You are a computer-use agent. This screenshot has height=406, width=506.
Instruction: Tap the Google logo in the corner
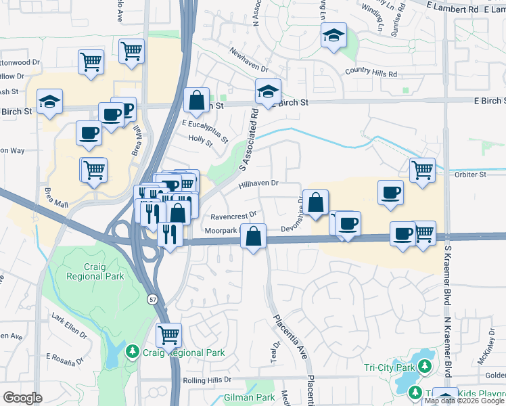(22, 398)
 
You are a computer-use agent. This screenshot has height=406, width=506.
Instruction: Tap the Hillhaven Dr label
(258, 183)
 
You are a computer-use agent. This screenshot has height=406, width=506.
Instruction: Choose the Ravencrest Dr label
(233, 217)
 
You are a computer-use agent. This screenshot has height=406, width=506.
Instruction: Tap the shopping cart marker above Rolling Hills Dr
(168, 334)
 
